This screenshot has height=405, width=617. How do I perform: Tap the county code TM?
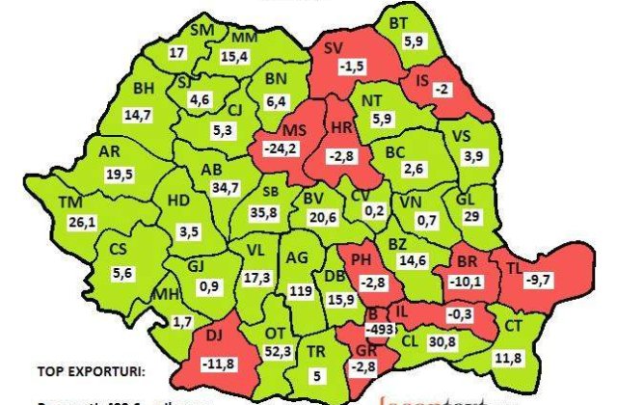click(x=70, y=202)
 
